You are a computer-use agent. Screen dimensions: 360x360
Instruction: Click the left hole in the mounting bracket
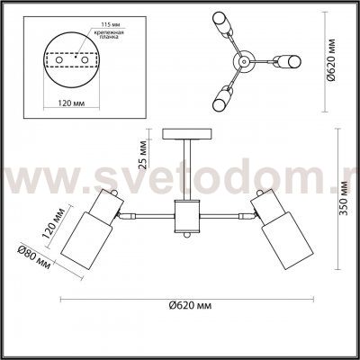(x=61, y=62)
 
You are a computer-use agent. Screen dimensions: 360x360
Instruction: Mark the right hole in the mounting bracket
(x=86, y=62)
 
